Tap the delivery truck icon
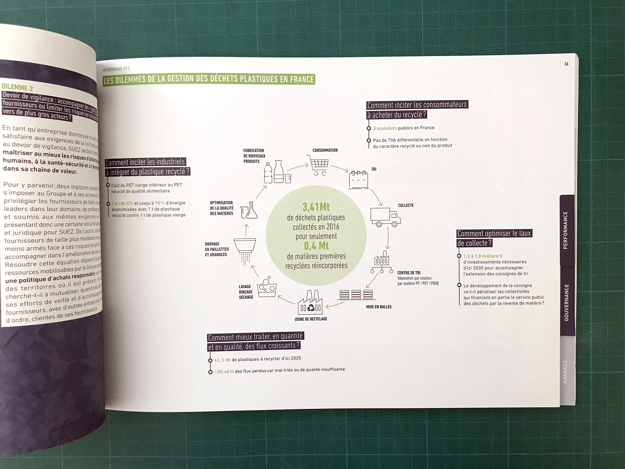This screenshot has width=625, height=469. (x=385, y=217)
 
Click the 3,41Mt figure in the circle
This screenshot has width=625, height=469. (x=316, y=207)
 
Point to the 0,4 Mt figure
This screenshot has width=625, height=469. (x=316, y=246)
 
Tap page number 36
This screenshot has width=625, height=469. (x=566, y=64)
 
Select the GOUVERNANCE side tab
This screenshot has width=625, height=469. (x=566, y=302)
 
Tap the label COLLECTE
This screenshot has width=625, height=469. (x=406, y=205)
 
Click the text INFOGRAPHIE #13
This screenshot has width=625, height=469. (x=116, y=69)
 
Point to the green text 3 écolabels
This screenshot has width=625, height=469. (x=384, y=128)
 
